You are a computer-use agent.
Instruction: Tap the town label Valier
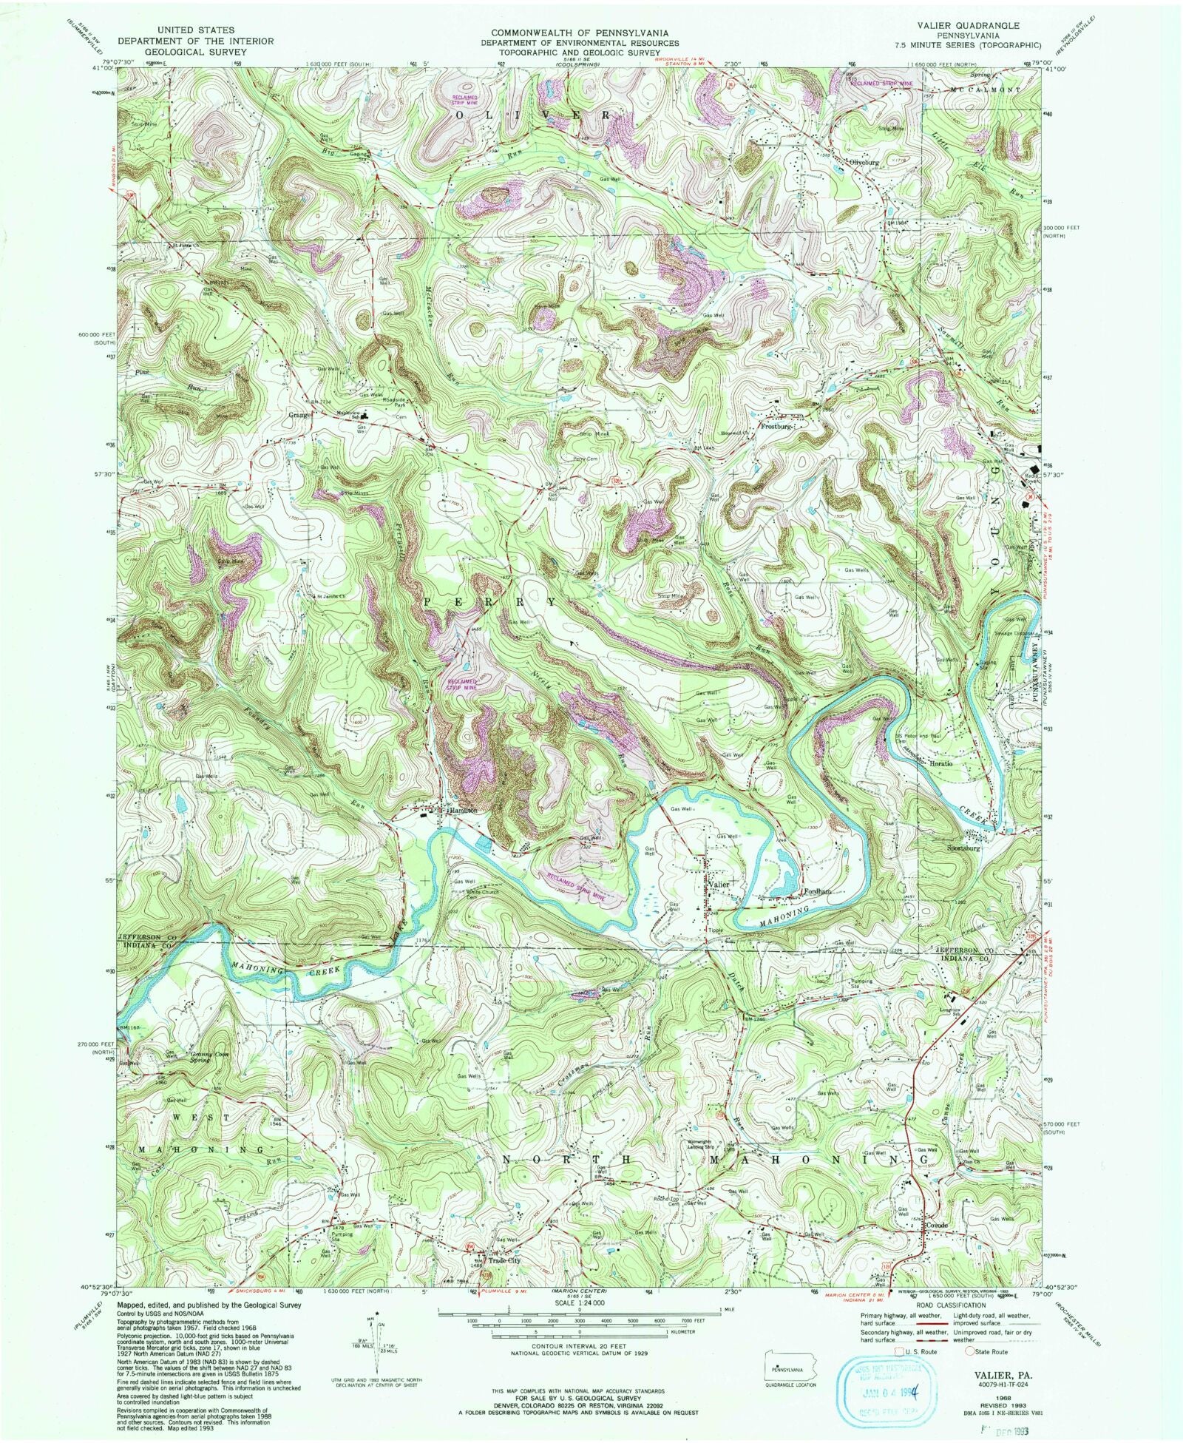tap(718, 885)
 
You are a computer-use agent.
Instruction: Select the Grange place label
tap(300, 415)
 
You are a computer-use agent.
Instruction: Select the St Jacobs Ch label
tap(332, 595)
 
